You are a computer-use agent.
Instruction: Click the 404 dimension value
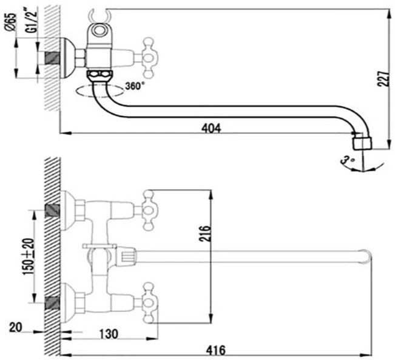tap(211, 128)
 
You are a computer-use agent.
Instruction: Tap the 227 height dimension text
tap(383, 79)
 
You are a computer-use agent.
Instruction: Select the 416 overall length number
tap(215, 350)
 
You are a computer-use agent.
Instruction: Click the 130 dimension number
tap(109, 334)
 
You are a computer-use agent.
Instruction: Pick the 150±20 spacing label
tap(29, 256)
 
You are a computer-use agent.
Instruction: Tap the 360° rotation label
tap(135, 86)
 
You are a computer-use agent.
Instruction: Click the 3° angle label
tap(348, 160)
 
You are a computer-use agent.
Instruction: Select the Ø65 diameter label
tap(11, 22)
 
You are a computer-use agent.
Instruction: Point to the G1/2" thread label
tap(32, 21)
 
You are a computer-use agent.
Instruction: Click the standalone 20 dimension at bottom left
tap(16, 327)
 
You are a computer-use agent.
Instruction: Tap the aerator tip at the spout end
tap(362, 142)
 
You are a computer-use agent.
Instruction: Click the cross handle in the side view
tap(150, 58)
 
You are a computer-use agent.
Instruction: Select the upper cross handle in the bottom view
tap(150, 211)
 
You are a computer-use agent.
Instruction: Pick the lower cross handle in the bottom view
tap(150, 304)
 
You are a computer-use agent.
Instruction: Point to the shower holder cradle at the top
tap(99, 16)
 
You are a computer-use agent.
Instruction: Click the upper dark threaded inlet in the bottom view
tap(52, 211)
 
